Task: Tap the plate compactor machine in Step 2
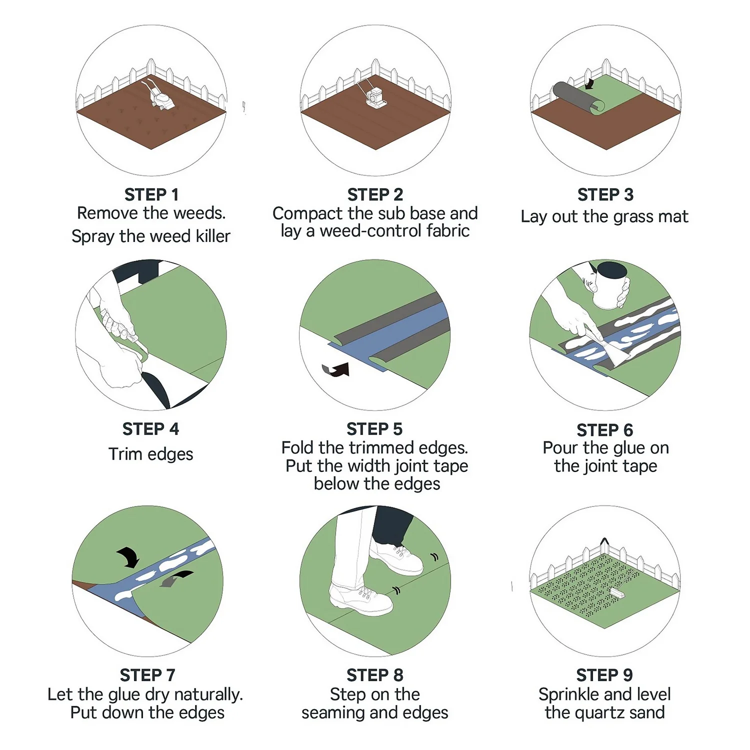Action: click(x=374, y=96)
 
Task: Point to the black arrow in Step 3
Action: click(x=590, y=83)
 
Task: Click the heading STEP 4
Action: click(x=150, y=429)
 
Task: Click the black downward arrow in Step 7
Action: click(x=128, y=556)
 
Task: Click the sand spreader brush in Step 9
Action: click(x=617, y=593)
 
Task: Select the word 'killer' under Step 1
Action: click(x=213, y=236)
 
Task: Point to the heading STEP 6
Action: click(x=604, y=430)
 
